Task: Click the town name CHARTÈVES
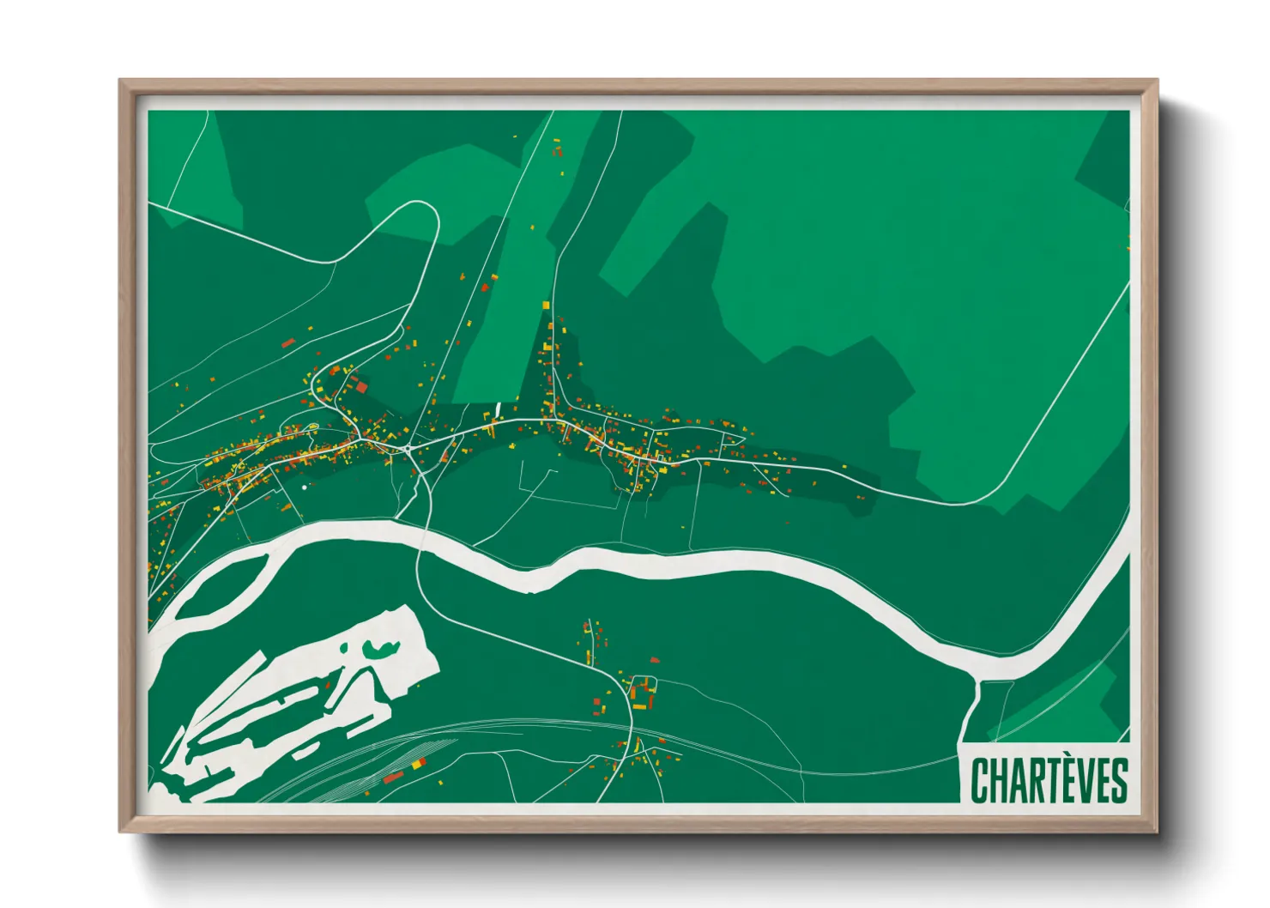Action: [x=1049, y=779]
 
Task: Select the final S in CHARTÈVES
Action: [x=1118, y=780]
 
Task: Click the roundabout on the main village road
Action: [x=408, y=447]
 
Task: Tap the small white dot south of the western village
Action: [x=305, y=487]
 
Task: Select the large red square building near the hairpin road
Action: [x=361, y=387]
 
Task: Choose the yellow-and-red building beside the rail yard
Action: [x=418, y=763]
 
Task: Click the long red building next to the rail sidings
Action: [x=393, y=778]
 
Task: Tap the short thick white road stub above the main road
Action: [x=498, y=408]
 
